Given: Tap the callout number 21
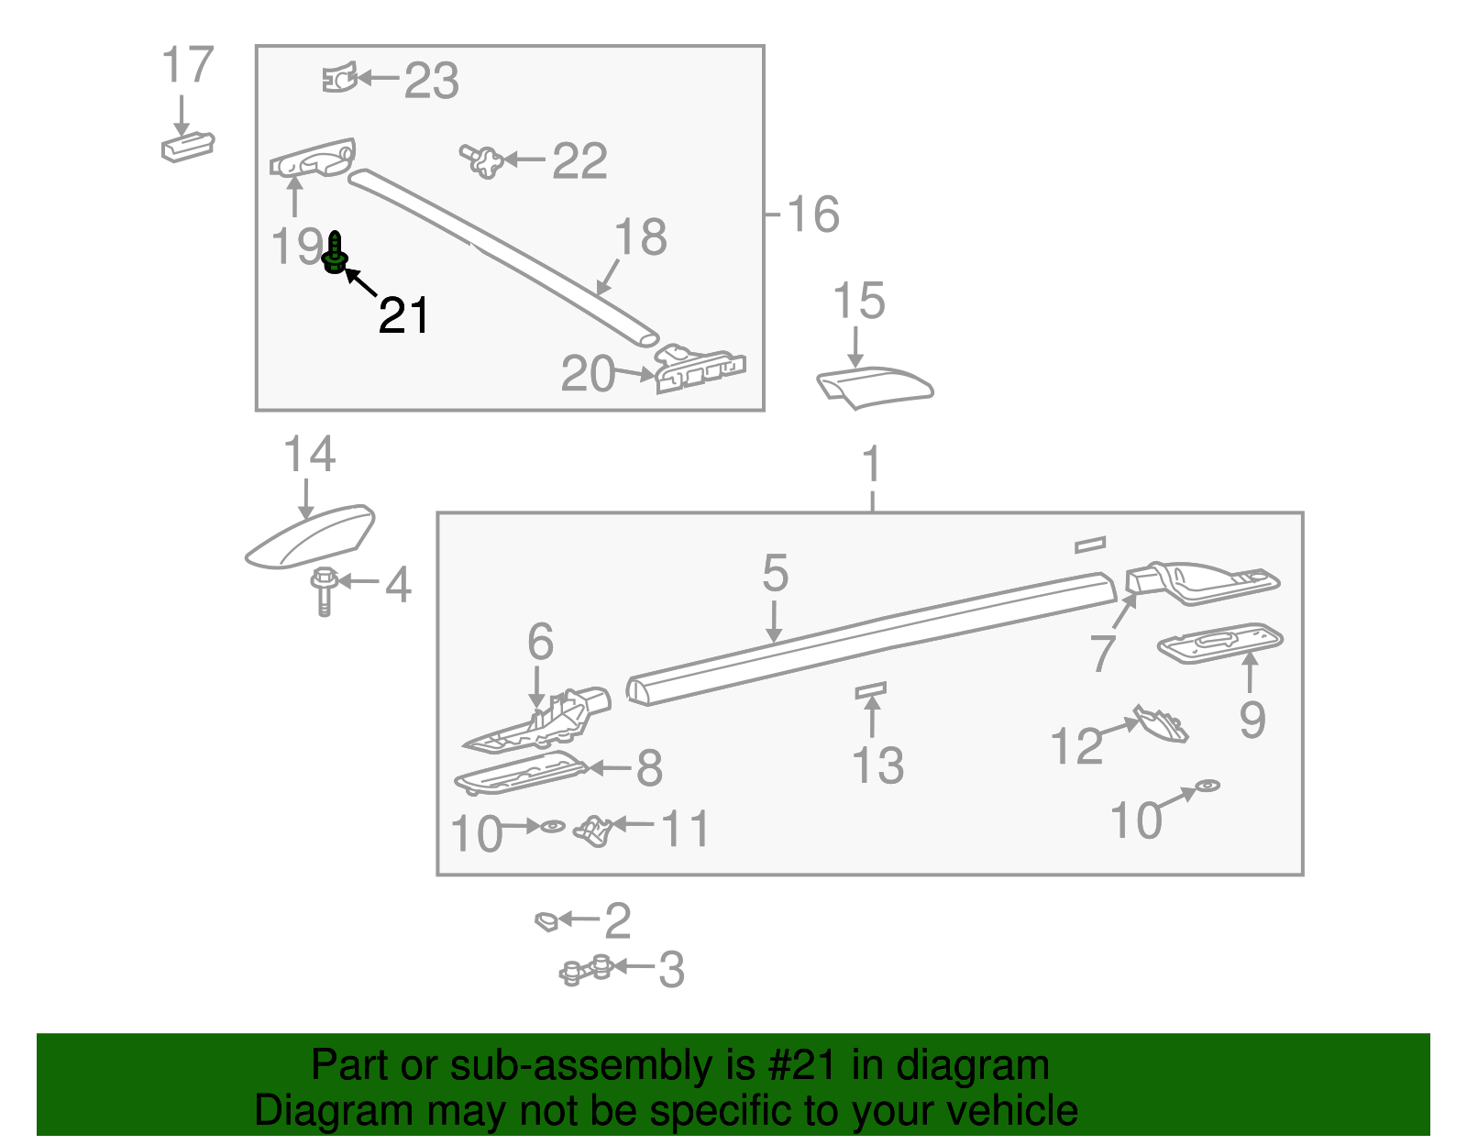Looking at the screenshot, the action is point(403,315).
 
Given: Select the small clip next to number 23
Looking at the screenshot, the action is point(339,78).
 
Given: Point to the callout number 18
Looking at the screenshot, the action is point(640,237).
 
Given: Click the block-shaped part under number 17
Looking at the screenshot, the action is point(188,147).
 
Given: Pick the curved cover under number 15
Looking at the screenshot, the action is point(875,387).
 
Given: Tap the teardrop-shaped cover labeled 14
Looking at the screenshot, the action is point(310,536).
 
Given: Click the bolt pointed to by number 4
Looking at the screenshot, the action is point(324,591).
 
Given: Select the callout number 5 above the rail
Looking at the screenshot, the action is point(775,573).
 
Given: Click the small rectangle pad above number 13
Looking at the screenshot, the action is point(871,690).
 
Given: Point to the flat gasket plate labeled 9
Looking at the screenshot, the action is point(1220,643).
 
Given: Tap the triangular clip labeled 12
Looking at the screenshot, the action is point(1161,723).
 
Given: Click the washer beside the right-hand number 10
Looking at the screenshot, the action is point(1208,786).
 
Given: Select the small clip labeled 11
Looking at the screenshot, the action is point(592,831).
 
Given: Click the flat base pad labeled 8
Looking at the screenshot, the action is point(521,772).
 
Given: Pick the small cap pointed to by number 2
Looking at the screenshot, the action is point(546,920).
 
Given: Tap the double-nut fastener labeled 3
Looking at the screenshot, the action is point(587,970).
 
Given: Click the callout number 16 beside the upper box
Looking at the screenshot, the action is point(813,215).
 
